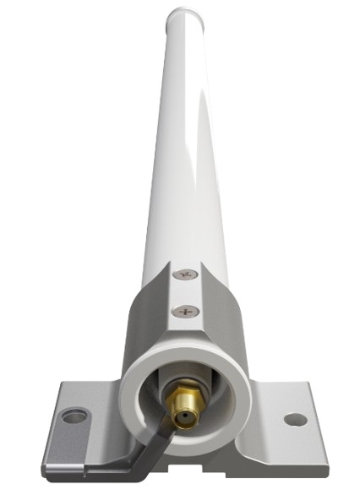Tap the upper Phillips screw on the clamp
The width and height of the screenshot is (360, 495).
pyautogui.click(x=185, y=275)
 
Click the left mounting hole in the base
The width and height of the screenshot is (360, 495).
pyautogui.click(x=75, y=416)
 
